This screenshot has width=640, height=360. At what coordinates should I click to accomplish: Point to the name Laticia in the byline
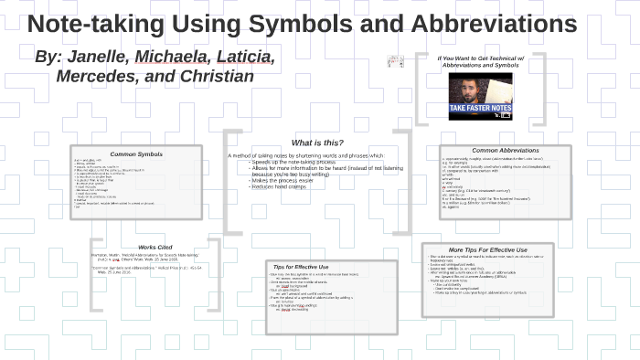[241, 58]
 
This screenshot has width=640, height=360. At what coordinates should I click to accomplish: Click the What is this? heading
[316, 143]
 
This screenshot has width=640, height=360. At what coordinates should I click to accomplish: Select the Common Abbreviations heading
[505, 150]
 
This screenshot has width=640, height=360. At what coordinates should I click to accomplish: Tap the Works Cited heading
[154, 247]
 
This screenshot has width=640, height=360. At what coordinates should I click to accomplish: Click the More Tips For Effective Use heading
[487, 249]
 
